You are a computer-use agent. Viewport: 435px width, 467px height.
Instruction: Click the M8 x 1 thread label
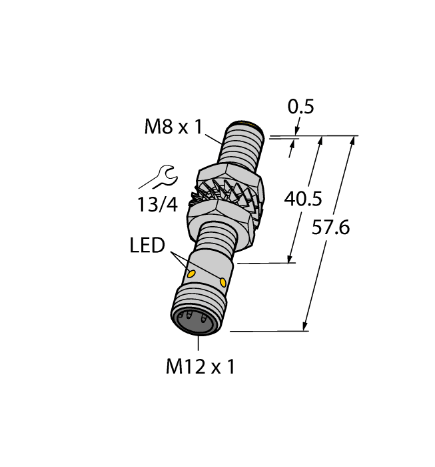click(173, 127)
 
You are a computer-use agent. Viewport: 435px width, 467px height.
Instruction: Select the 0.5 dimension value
click(300, 107)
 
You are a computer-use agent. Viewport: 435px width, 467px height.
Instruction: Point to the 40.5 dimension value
click(303, 199)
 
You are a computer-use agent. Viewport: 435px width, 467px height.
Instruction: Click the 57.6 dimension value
click(331, 227)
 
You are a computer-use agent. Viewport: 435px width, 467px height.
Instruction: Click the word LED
click(147, 246)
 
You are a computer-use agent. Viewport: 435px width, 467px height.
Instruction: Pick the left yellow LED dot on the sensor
click(193, 274)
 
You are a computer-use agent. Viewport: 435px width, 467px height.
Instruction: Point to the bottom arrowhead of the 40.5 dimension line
click(291, 259)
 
